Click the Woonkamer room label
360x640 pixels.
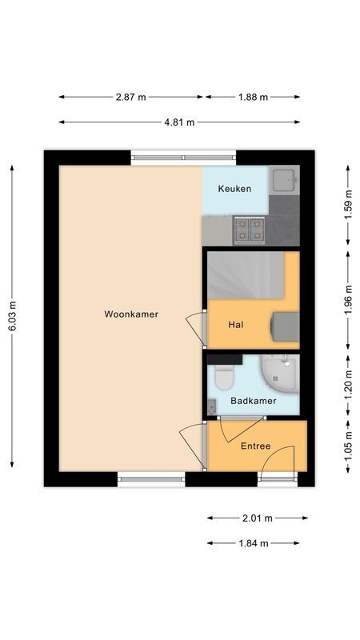click(x=131, y=314)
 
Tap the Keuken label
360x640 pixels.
click(x=235, y=189)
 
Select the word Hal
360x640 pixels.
click(x=235, y=325)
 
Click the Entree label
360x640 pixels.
click(x=255, y=446)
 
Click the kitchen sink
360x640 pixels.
click(x=282, y=181)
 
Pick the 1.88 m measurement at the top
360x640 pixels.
click(x=253, y=97)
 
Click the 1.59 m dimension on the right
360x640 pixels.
click(x=347, y=206)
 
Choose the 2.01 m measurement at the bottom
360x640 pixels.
click(x=257, y=518)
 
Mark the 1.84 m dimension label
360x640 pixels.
click(x=253, y=543)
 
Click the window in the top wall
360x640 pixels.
click(x=184, y=158)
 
